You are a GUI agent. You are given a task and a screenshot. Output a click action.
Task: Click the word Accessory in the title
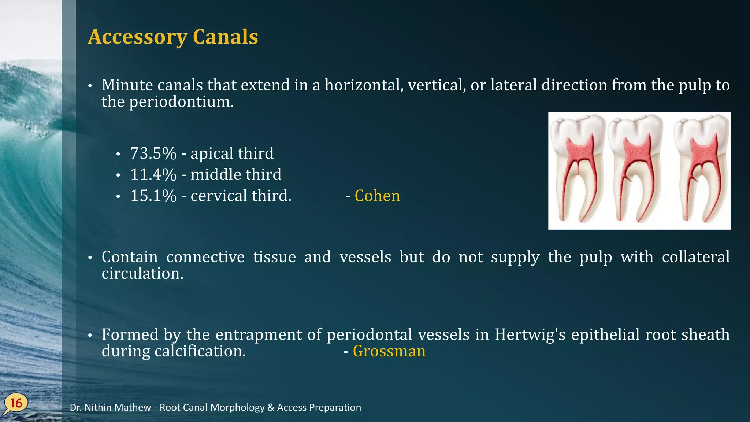(137, 37)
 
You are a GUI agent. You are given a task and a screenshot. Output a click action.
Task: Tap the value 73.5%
(153, 153)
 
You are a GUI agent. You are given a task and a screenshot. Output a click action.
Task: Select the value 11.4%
(153, 175)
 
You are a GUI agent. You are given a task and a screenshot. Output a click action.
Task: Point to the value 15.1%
(153, 196)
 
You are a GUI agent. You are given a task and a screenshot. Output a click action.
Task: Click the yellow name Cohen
(377, 196)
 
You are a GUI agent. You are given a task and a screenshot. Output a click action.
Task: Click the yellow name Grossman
(389, 351)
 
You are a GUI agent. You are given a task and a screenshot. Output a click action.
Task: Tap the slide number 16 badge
(16, 403)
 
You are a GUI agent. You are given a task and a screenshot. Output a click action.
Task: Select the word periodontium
(181, 102)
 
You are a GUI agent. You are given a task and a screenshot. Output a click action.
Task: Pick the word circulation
(142, 274)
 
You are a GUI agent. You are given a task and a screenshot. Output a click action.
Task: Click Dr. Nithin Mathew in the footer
(110, 407)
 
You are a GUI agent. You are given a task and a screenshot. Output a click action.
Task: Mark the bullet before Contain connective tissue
(89, 258)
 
